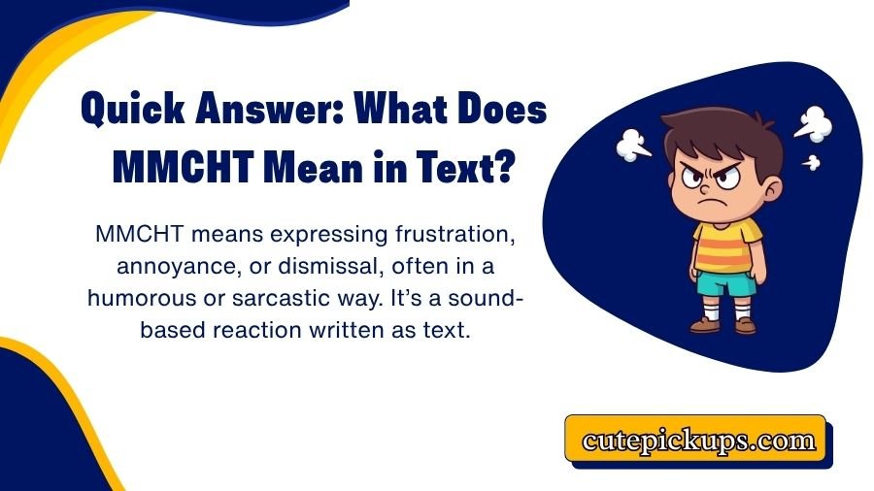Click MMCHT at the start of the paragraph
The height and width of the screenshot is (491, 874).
click(x=134, y=235)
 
